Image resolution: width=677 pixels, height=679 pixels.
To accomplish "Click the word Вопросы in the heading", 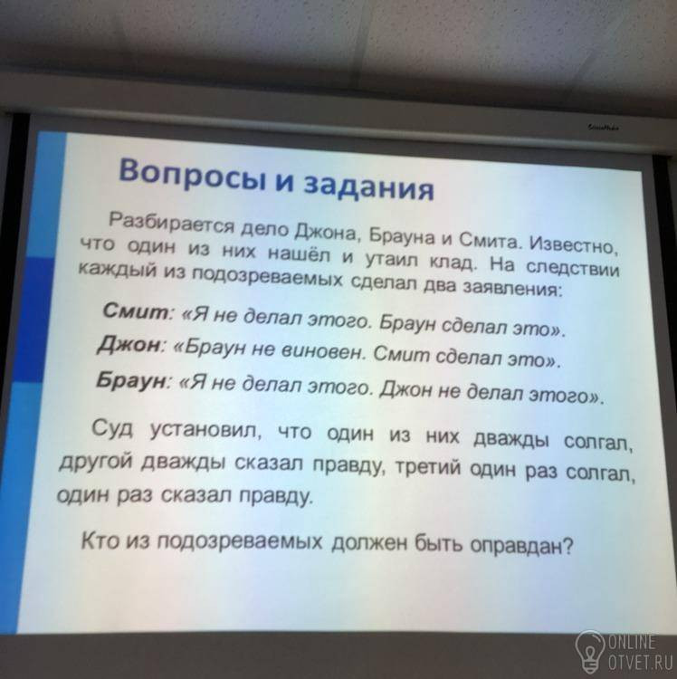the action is (x=192, y=177).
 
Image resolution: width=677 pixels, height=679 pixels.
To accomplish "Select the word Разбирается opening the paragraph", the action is (x=172, y=223).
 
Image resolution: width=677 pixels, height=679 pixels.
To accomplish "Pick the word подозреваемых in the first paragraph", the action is (x=267, y=278).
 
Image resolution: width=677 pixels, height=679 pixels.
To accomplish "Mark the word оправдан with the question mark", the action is (x=521, y=545).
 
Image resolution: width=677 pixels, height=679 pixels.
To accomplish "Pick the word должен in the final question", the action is (x=369, y=543).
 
